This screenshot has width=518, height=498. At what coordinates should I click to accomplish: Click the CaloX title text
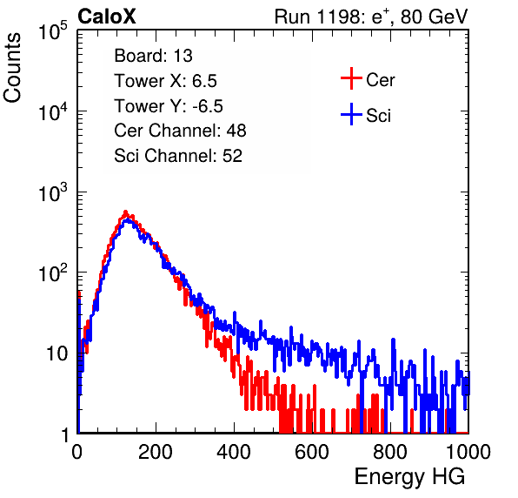(107, 17)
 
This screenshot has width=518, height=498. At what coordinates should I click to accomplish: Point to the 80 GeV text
(434, 17)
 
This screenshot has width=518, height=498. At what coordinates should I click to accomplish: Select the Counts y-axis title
(12, 68)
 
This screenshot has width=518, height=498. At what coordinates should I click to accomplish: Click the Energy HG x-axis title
(409, 477)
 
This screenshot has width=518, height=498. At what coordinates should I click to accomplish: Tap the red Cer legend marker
(351, 78)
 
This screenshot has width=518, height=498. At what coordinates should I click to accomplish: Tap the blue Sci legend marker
(351, 115)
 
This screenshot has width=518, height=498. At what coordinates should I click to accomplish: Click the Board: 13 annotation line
(153, 56)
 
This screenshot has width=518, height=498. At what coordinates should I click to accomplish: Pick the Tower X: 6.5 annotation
(165, 81)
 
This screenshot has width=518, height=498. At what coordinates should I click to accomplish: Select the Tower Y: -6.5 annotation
(169, 106)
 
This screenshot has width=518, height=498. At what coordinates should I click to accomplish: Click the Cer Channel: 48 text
(180, 131)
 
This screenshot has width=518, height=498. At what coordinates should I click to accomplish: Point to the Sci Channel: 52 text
(178, 156)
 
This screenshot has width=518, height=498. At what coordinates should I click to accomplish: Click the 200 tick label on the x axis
(156, 452)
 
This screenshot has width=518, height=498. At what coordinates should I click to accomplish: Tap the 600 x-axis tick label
(312, 452)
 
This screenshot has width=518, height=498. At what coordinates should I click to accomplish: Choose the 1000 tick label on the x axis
(468, 452)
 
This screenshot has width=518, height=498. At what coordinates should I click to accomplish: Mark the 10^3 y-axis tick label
(53, 192)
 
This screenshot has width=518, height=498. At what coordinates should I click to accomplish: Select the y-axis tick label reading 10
(57, 354)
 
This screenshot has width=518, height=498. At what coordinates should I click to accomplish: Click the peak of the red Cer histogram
(125, 212)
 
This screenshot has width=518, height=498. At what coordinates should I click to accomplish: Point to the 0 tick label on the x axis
(77, 452)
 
